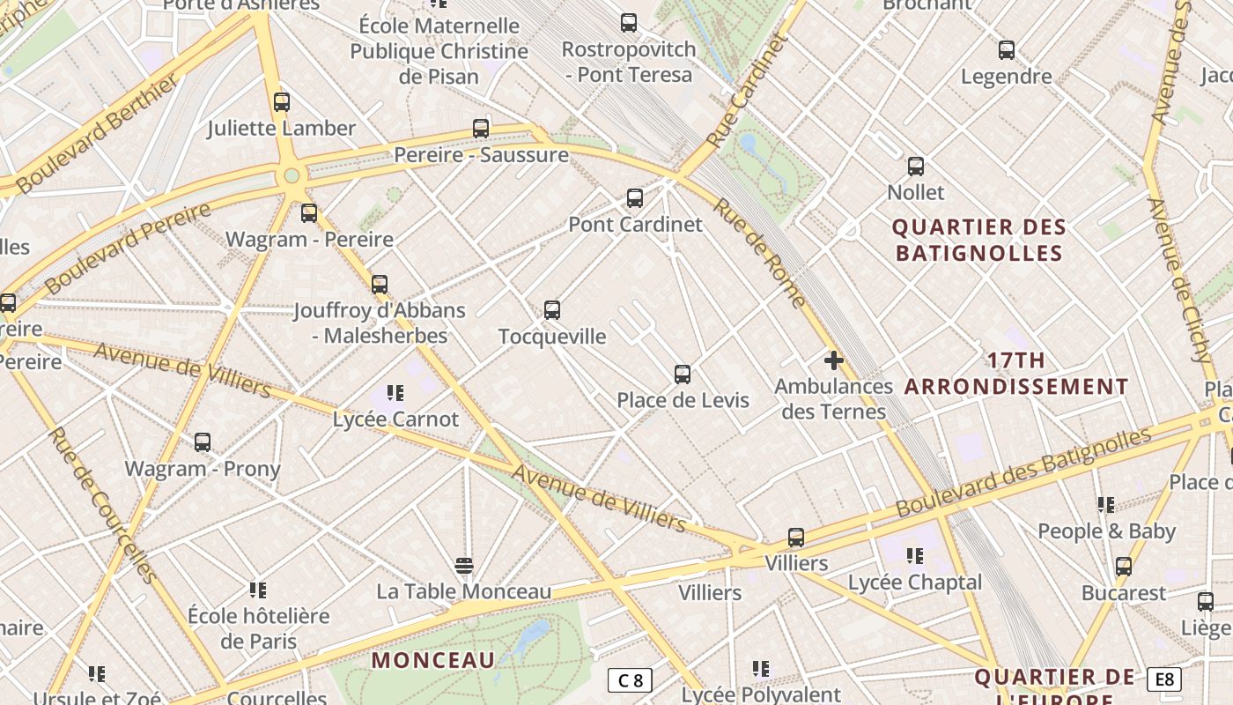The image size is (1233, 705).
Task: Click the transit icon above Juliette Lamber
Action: click(x=282, y=102)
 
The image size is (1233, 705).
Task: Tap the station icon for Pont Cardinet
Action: click(x=635, y=198)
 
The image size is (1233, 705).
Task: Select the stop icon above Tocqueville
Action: click(x=552, y=310)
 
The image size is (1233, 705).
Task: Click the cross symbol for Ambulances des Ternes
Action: click(x=833, y=360)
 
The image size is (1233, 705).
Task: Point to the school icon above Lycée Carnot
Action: click(x=395, y=393)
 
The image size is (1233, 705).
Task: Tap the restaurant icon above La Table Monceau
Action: click(x=464, y=565)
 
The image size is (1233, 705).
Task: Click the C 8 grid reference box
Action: click(x=631, y=680)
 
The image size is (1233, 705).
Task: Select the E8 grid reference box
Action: click(x=1164, y=679)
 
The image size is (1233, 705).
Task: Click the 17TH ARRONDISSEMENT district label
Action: click(x=1016, y=374)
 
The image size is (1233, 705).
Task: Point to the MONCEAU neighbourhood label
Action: click(x=433, y=660)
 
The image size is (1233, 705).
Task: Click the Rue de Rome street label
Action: click(x=759, y=253)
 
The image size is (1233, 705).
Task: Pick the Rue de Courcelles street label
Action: click(x=103, y=505)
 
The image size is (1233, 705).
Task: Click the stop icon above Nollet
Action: click(x=916, y=167)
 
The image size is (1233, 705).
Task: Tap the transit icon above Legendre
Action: click(x=1007, y=50)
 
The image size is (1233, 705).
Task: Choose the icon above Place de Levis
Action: click(x=683, y=375)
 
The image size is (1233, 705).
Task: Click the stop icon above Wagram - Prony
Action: click(x=203, y=442)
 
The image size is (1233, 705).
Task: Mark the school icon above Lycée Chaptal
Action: click(x=915, y=556)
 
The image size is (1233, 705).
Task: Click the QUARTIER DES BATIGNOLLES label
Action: click(x=979, y=241)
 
